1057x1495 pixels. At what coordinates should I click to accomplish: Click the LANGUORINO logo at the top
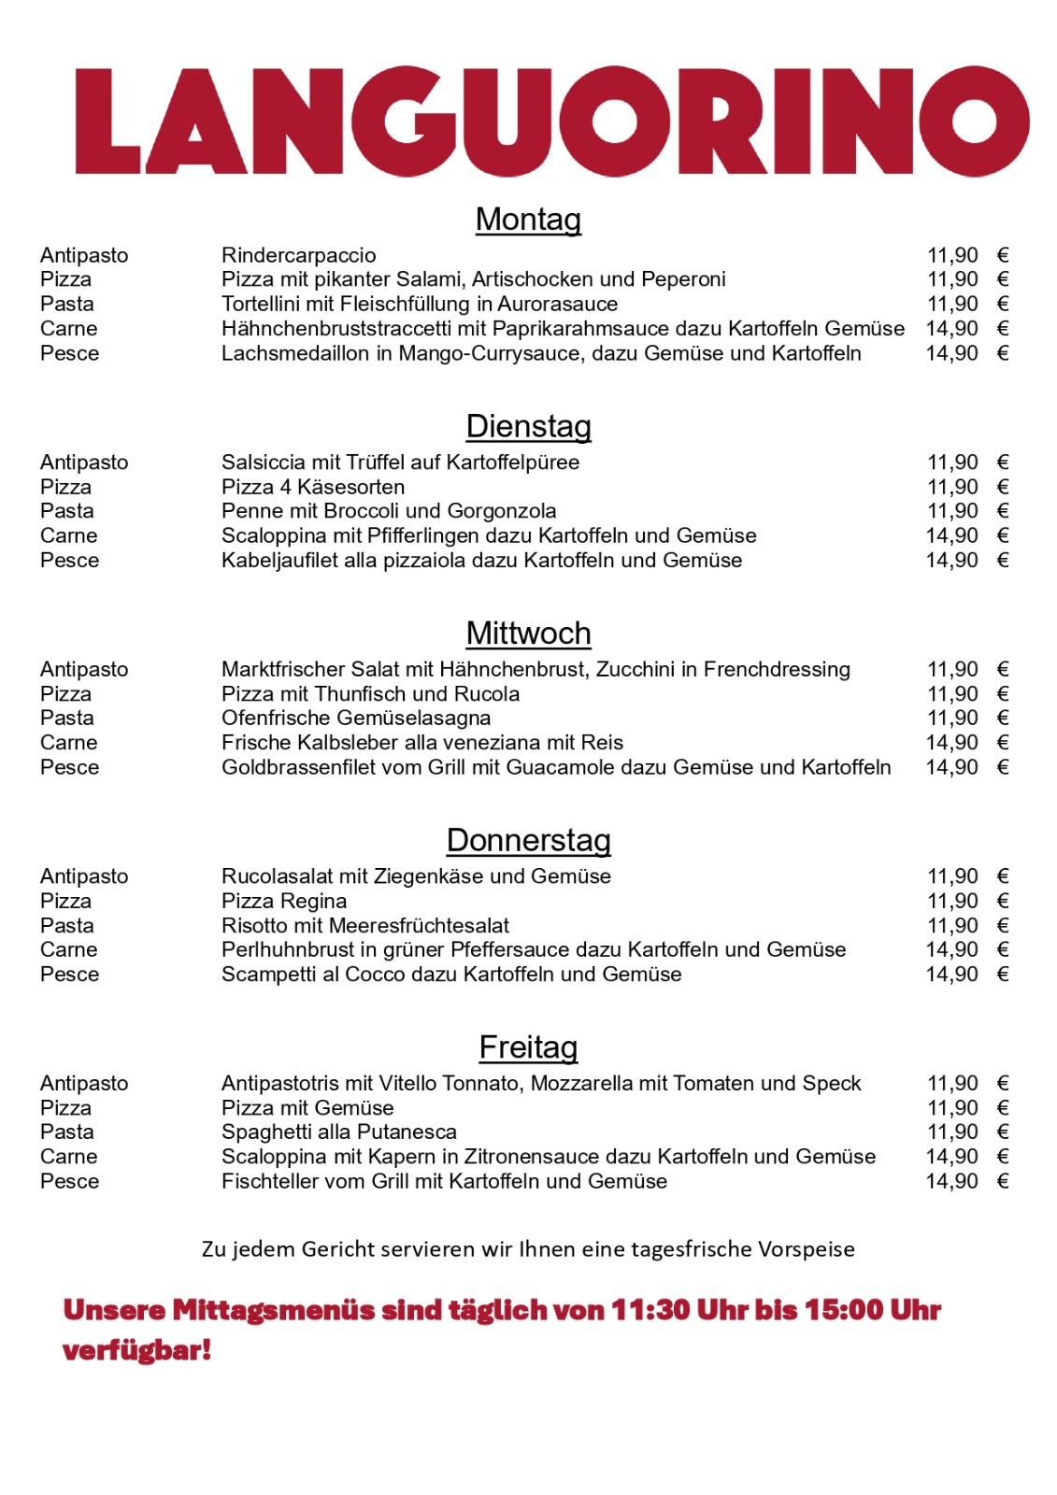[x=551, y=121]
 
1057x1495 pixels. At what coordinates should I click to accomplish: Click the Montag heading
[x=528, y=220]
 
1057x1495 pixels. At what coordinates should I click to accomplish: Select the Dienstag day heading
[x=528, y=427]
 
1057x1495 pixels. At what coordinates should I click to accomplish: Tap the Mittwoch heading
[x=528, y=634]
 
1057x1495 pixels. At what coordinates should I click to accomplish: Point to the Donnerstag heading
[x=528, y=841]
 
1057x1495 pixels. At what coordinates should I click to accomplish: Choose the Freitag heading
[x=528, y=1047]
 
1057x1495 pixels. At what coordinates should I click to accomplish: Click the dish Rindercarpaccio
[x=298, y=255]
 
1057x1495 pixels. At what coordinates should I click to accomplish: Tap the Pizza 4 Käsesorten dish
[x=313, y=487]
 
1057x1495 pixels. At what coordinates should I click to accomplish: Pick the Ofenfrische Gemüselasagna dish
[x=356, y=719]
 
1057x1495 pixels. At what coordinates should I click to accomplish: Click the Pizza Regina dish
[x=284, y=902]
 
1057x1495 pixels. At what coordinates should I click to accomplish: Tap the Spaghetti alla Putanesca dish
[x=339, y=1132]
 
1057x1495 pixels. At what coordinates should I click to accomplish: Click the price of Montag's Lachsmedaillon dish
[x=952, y=354]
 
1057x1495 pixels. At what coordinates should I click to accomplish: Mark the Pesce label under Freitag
[x=69, y=1182]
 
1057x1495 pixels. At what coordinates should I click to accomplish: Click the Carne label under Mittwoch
[x=68, y=743]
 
